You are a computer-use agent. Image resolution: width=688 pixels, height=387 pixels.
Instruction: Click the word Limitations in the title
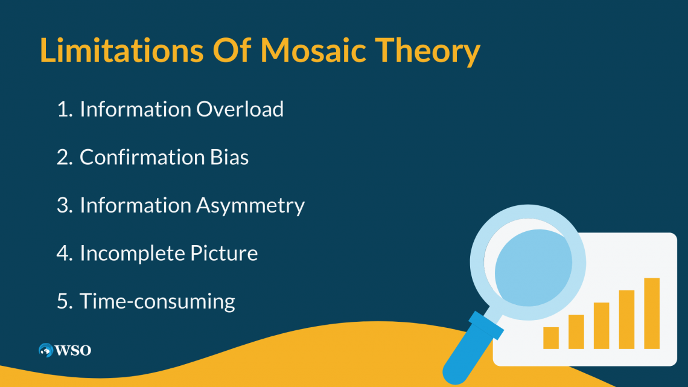(121, 50)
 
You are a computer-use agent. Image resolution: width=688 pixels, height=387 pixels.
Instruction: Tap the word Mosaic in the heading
(313, 50)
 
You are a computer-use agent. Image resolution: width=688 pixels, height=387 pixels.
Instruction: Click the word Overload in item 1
(240, 109)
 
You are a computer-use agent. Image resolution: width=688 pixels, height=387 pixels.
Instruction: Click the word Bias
(229, 157)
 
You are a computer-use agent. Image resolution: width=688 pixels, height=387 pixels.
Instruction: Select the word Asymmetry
(250, 206)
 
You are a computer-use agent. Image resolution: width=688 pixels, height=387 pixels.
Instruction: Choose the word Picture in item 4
(224, 253)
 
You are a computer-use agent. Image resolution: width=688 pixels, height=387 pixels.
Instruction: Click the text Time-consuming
(157, 302)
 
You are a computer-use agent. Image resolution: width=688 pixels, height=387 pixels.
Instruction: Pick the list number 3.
(65, 205)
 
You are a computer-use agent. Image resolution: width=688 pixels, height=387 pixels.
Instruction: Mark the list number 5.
(65, 301)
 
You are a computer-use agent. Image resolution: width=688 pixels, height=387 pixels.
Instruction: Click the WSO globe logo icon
(46, 350)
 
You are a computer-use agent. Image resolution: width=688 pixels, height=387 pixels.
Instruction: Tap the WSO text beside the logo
(73, 350)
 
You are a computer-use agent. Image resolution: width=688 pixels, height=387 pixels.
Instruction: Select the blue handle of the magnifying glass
(472, 349)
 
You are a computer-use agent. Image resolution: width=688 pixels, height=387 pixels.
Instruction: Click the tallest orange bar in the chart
(652, 313)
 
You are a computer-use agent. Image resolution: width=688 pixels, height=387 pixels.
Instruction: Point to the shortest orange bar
(550, 338)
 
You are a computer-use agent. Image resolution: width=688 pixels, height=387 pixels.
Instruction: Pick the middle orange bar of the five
(601, 325)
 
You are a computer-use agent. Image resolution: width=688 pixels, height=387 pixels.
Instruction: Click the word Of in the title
(232, 50)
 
